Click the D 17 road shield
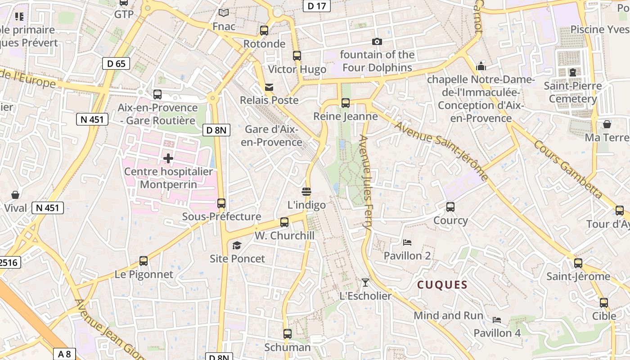click(x=317, y=6)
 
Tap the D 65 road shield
click(x=116, y=63)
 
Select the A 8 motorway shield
click(x=64, y=354)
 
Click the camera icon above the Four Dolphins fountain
click(x=377, y=42)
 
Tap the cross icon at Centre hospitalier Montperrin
click(x=168, y=158)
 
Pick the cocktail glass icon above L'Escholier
click(x=365, y=283)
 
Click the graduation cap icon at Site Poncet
click(x=237, y=245)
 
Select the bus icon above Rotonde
click(x=264, y=31)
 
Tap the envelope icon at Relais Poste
click(x=269, y=87)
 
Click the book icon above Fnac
click(x=224, y=13)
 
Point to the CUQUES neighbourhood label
click(x=442, y=285)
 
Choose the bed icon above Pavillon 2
click(x=407, y=243)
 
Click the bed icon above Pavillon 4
click(x=497, y=320)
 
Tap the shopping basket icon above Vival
click(x=15, y=195)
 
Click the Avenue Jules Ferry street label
click(x=365, y=184)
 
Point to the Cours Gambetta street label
click(x=568, y=169)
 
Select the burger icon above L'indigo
click(x=306, y=192)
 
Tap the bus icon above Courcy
click(x=450, y=207)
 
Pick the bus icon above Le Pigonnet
click(x=144, y=261)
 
